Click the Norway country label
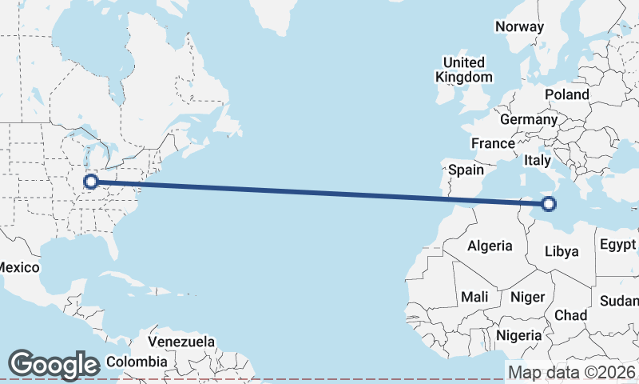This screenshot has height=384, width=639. (x=519, y=26)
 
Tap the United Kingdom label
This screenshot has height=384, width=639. (x=463, y=70)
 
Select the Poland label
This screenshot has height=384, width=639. (x=566, y=94)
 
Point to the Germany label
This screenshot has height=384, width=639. (x=528, y=119)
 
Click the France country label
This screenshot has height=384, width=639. (x=492, y=144)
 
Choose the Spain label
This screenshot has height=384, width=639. (x=466, y=170)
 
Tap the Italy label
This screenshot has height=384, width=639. (x=538, y=161)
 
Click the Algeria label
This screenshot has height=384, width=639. (x=489, y=246)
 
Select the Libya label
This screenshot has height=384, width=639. (x=561, y=251)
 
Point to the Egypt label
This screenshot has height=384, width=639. (x=617, y=244)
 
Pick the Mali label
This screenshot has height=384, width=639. (x=474, y=297)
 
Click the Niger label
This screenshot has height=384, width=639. (x=527, y=297)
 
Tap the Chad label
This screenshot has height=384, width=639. (x=570, y=315)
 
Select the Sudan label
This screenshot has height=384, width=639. (x=620, y=301)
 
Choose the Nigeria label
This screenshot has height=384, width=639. (x=519, y=334)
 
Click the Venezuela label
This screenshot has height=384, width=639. (x=181, y=342)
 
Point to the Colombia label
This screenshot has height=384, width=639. (x=137, y=362)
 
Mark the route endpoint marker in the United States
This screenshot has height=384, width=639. (x=91, y=182)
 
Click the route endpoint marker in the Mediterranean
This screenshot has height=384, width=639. (x=549, y=204)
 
